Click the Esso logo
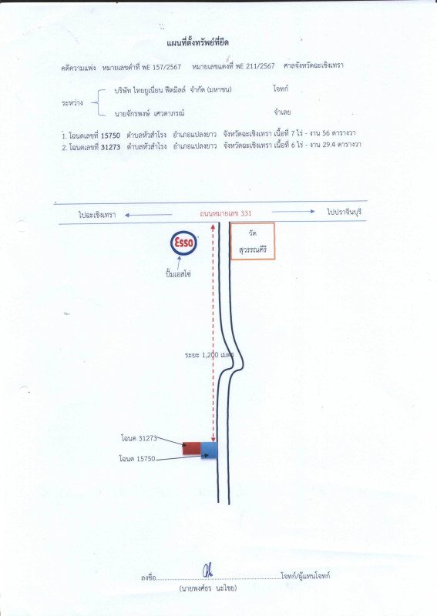[x=183, y=243]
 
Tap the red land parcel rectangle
[x=192, y=448]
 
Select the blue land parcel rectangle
[x=210, y=450]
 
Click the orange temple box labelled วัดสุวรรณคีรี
[x=252, y=241]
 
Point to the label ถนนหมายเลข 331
[x=225, y=213]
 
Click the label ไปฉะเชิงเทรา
[x=97, y=215]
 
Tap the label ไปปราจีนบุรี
[x=345, y=213]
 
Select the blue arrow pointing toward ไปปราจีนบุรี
[x=294, y=211]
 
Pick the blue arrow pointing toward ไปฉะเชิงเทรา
[x=148, y=215]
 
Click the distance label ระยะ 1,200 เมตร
[x=210, y=355]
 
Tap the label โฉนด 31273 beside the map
[x=139, y=437]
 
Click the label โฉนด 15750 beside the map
[x=137, y=458]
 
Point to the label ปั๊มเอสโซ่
[x=178, y=274]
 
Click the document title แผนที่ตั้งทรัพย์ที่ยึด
[x=197, y=42]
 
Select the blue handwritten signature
[x=207, y=570]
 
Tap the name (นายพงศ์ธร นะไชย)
[x=208, y=588]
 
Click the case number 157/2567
[x=166, y=67]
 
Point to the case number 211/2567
[x=260, y=66]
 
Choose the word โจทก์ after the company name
[x=281, y=89]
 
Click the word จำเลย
[x=282, y=112]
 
